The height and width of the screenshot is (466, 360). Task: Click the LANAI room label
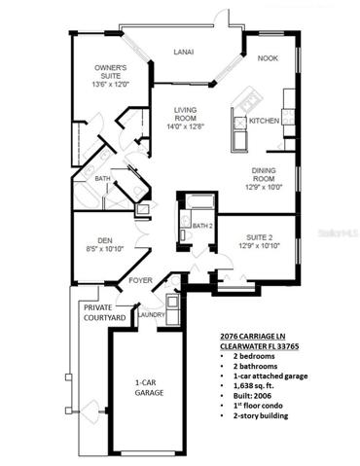(184, 52)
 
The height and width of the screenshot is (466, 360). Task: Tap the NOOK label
(268, 58)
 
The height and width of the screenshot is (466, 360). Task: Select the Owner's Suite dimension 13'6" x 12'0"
(111, 85)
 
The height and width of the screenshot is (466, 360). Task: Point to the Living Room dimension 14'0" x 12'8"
(185, 126)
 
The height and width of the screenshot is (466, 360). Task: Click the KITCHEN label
(264, 121)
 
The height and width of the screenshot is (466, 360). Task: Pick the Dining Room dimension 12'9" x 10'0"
(264, 187)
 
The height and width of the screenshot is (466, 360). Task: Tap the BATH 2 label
(202, 226)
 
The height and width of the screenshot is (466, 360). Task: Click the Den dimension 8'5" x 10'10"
(105, 249)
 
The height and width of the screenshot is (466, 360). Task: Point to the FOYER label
(140, 280)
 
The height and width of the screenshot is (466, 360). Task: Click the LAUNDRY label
(151, 315)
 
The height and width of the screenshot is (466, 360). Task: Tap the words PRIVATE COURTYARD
(104, 312)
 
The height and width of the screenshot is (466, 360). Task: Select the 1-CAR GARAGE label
(149, 388)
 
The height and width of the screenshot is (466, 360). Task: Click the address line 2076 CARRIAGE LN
(253, 337)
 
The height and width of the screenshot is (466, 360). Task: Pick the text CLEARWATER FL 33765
(260, 346)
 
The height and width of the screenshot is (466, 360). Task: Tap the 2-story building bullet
(261, 415)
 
